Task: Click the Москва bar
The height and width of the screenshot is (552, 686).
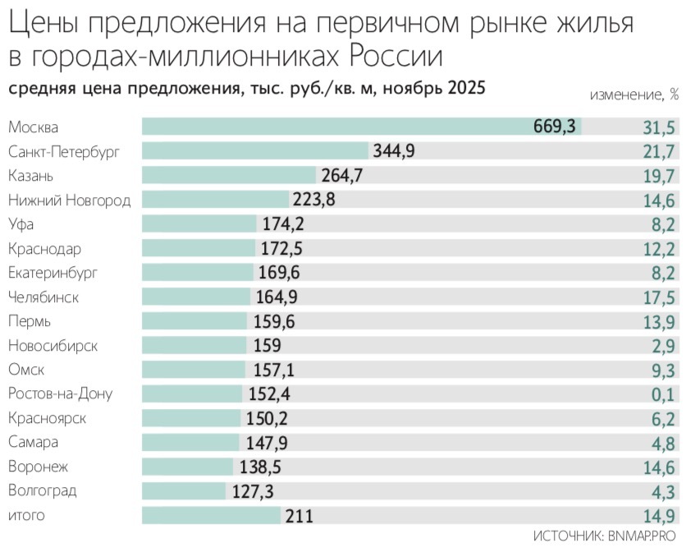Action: (x=361, y=126)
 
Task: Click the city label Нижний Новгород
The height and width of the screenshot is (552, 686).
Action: (x=69, y=200)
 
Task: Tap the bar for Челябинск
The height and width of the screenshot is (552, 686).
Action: (x=196, y=297)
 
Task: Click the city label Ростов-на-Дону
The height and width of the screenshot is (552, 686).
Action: (x=60, y=394)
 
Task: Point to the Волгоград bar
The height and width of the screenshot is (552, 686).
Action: (x=184, y=491)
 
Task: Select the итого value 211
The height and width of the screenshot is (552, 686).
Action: (x=298, y=516)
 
